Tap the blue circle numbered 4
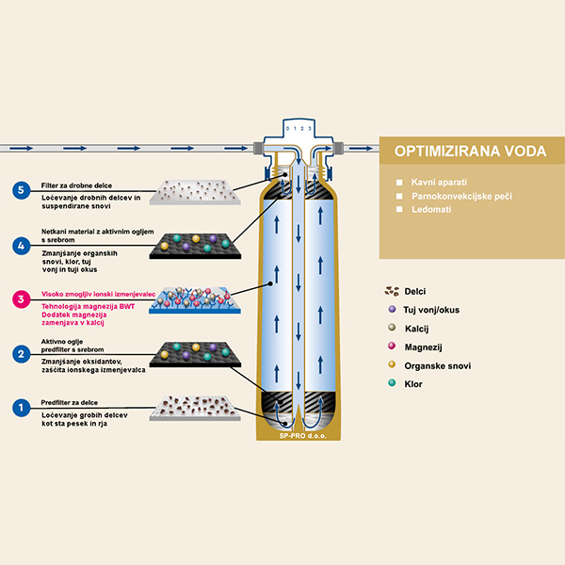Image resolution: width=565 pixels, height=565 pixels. click(x=20, y=246)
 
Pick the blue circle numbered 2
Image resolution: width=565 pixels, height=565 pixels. click(x=20, y=354)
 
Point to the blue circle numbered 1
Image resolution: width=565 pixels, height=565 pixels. click(x=20, y=409)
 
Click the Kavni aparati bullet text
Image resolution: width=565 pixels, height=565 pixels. click(x=440, y=181)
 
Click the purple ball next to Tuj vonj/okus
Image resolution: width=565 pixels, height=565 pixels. click(x=391, y=309)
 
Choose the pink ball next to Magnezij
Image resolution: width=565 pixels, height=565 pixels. click(x=391, y=347)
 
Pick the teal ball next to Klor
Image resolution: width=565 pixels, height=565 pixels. click(x=391, y=384)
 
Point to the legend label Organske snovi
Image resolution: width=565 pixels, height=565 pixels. click(x=438, y=365)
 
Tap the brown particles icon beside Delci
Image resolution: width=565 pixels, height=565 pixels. click(x=391, y=290)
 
